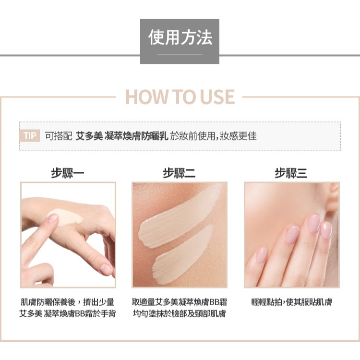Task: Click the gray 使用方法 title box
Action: pos(180,41)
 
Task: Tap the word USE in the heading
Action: pos(217,96)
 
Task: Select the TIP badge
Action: pos(30,135)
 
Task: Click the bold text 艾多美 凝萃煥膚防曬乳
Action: pos(122,136)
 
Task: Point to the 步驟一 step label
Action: pos(68,173)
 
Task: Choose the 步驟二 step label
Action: pos(179,173)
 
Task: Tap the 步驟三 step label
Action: pos(291,173)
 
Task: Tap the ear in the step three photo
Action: pos(334,197)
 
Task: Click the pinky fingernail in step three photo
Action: pos(261,254)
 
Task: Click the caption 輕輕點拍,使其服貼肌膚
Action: pos(291,302)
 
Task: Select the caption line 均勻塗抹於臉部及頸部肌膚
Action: pos(180,313)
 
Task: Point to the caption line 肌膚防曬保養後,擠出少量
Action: pos(67,302)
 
